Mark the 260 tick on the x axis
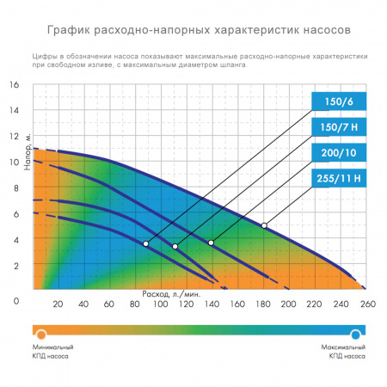pos(367,303)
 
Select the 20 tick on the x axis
pos(58,303)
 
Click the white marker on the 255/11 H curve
pos(265,225)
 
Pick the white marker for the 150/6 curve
pos(146,244)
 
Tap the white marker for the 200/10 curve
pos(211,243)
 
